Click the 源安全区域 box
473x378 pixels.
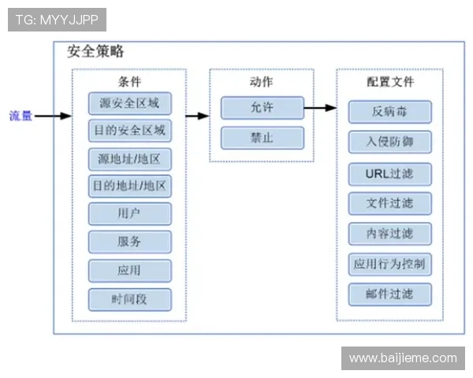(129, 103)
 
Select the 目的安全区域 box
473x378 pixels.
(129, 131)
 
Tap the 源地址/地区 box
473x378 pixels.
(129, 159)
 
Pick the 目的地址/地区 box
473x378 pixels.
(129, 187)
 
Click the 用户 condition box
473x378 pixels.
(129, 214)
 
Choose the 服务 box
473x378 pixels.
(129, 242)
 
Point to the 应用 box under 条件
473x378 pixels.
(129, 270)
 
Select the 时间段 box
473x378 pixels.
(129, 298)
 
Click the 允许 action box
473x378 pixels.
(262, 108)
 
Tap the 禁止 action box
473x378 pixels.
(262, 138)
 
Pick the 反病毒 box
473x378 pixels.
(389, 112)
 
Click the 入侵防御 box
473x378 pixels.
(389, 142)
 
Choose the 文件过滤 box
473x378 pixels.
(389, 203)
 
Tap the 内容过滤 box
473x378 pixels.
(389, 234)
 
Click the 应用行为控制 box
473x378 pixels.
(389, 264)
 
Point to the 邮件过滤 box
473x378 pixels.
(389, 295)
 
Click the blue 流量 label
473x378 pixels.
(20, 116)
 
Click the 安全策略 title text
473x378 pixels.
(95, 52)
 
